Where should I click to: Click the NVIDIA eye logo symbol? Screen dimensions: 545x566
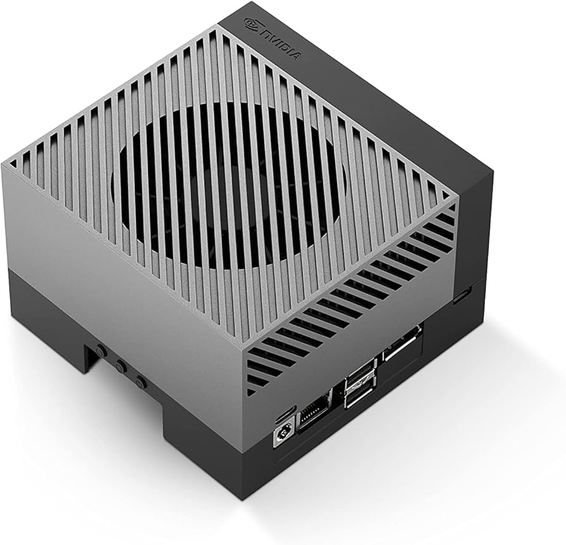(x=251, y=25)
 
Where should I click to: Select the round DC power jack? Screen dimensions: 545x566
(x=280, y=438)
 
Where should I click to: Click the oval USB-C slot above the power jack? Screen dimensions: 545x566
(x=282, y=415)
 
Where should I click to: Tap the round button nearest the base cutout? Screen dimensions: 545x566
(x=100, y=350)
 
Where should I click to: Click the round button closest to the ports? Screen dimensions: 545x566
(x=141, y=382)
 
